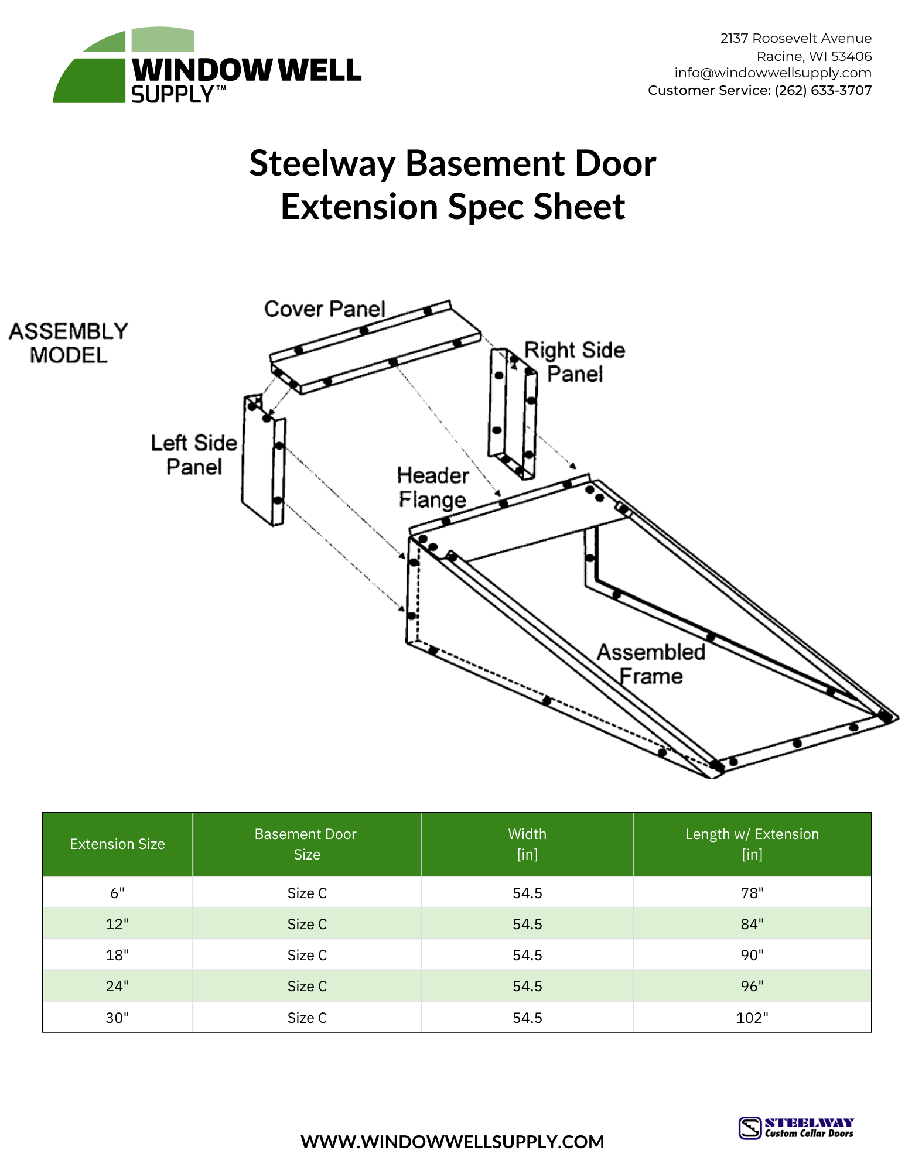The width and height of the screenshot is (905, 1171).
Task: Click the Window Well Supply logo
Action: [x=206, y=66]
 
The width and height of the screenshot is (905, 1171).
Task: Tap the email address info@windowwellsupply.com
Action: [x=772, y=73]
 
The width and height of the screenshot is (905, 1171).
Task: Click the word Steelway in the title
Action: [x=322, y=163]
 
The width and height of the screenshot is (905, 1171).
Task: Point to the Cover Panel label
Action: [x=324, y=309]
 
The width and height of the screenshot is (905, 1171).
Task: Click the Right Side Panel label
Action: [x=575, y=362]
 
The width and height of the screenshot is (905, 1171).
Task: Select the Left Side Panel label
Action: [x=194, y=455]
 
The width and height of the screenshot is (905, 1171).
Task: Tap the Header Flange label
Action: [x=433, y=488]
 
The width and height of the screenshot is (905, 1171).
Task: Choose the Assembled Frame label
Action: [x=651, y=664]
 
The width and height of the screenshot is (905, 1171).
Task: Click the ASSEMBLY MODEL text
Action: [x=69, y=343]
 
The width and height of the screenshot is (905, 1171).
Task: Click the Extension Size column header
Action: [x=117, y=844]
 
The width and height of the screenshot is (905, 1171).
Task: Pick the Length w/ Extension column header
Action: [x=752, y=844]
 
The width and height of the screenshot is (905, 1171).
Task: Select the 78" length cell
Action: [x=752, y=893]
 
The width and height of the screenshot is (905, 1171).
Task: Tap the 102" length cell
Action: [x=752, y=1018]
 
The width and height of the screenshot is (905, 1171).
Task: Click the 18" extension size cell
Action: [x=117, y=955]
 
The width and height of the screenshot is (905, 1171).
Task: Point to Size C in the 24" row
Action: [x=307, y=986]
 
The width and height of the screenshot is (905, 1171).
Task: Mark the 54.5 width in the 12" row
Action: [x=527, y=924]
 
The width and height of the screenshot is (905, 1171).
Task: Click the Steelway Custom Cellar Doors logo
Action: [x=796, y=1128]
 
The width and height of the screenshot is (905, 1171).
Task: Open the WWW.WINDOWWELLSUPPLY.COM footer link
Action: [x=452, y=1142]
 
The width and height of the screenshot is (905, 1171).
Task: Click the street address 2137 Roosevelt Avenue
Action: [x=795, y=39]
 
